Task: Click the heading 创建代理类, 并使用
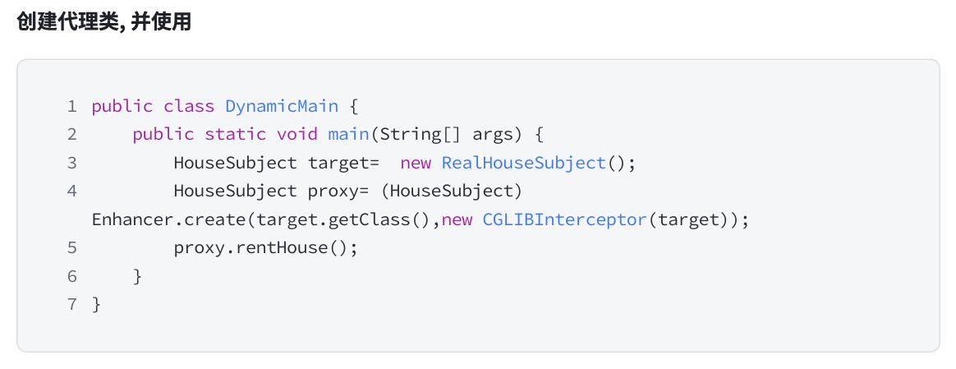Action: [103, 22]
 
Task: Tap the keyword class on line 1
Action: [188, 106]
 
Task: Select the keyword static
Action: [235, 134]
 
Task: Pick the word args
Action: [492, 134]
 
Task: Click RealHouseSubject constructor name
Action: [523, 163]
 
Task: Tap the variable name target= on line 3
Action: [343, 163]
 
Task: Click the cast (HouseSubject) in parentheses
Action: [456, 191]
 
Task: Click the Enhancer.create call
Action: [168, 220]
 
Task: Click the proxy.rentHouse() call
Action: [265, 248]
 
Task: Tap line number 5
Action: [72, 248]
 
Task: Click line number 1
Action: [72, 106]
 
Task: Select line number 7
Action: [72, 305]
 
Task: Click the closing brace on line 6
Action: [138, 277]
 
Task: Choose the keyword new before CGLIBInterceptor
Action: [457, 220]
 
